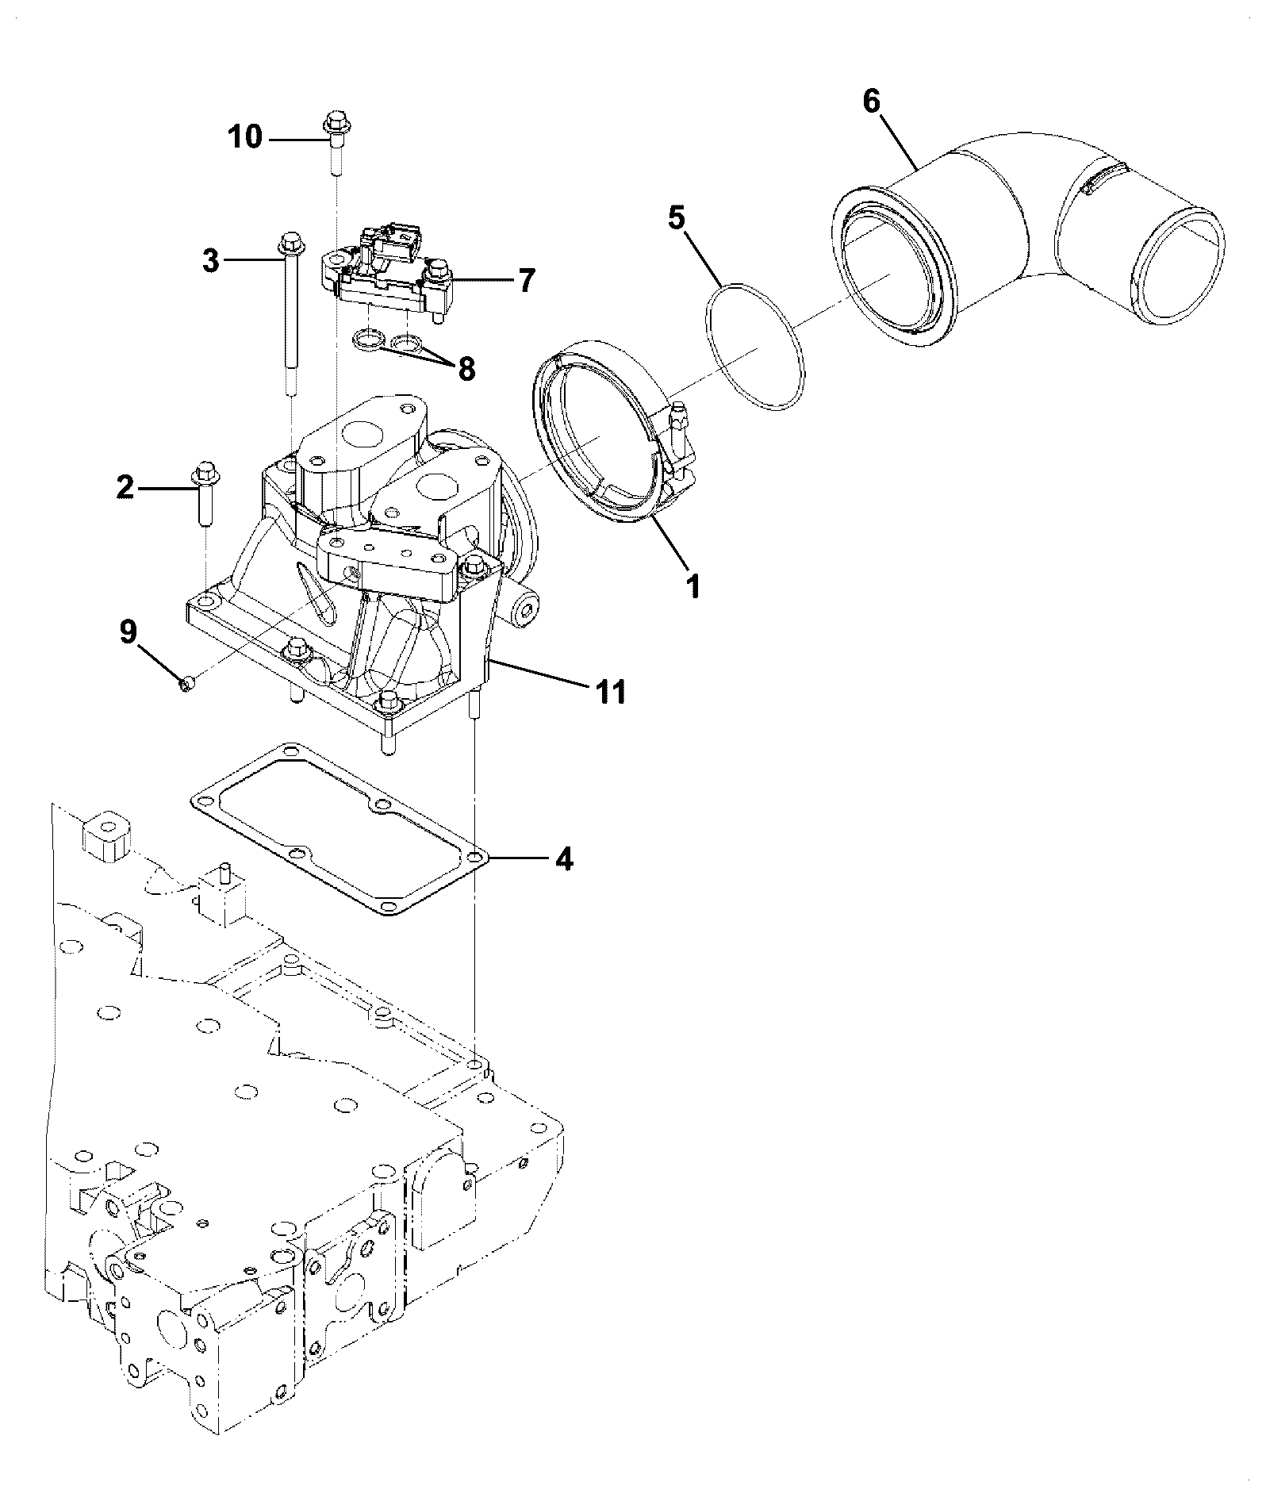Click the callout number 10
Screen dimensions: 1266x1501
[x=246, y=138]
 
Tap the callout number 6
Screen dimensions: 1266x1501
[x=871, y=103]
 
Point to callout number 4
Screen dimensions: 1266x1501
[x=563, y=859]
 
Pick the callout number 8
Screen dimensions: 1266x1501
[x=466, y=368]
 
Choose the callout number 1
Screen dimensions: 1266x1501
[x=693, y=586]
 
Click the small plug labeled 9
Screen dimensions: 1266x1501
[x=187, y=683]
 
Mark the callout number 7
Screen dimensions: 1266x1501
[x=527, y=281]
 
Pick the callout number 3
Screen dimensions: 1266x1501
[x=210, y=261]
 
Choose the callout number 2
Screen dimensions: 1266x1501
[x=125, y=488]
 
